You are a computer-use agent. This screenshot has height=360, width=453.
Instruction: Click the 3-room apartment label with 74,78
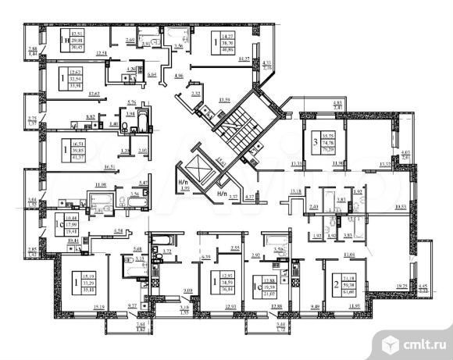click(x=318, y=141)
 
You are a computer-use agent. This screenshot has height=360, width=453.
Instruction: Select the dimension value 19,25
click(x=404, y=287)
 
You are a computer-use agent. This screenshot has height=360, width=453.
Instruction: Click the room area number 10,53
click(x=401, y=207)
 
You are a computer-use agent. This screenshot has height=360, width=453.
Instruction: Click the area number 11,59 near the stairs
click(x=226, y=101)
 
